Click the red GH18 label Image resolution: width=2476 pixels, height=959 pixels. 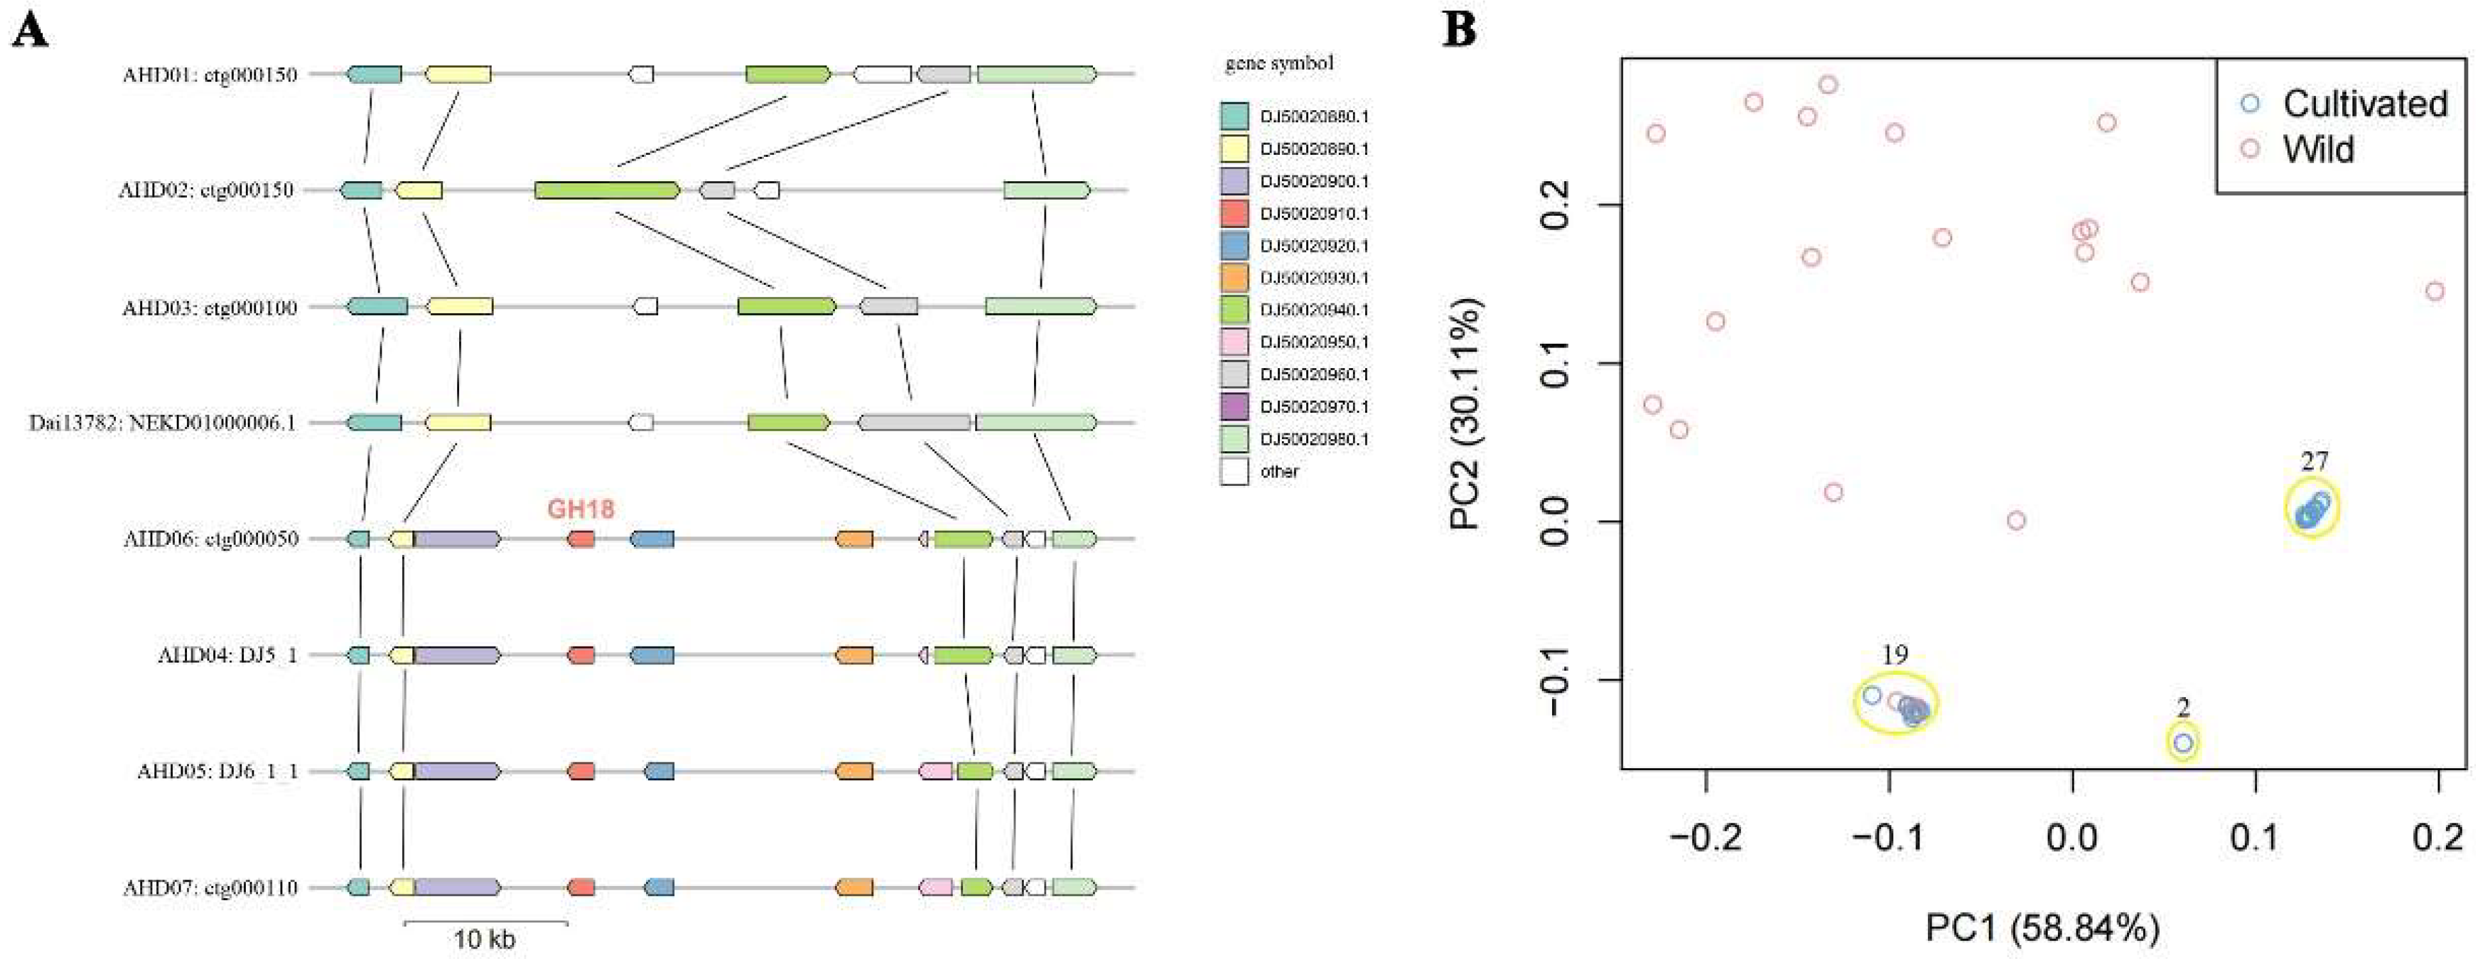[581, 510]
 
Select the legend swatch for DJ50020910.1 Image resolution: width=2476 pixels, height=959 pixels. [1234, 213]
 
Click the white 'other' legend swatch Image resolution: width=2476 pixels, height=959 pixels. [1234, 471]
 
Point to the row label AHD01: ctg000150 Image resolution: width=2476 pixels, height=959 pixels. [209, 74]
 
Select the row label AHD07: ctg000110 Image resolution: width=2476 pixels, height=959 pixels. [209, 887]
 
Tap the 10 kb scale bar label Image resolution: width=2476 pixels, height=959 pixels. [485, 939]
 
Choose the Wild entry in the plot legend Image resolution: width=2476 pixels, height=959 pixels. [2317, 150]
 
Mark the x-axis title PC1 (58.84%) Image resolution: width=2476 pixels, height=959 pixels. [2043, 928]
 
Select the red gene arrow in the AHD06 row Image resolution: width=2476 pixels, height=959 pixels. [581, 539]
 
